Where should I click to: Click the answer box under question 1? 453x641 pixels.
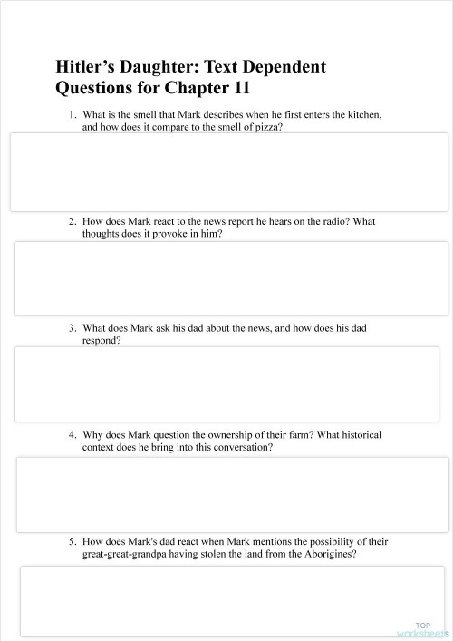(x=228, y=172)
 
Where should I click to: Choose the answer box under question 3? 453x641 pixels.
(x=231, y=385)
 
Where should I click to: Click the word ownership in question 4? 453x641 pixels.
(x=207, y=435)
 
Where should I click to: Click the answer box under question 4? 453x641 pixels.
(x=232, y=494)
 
